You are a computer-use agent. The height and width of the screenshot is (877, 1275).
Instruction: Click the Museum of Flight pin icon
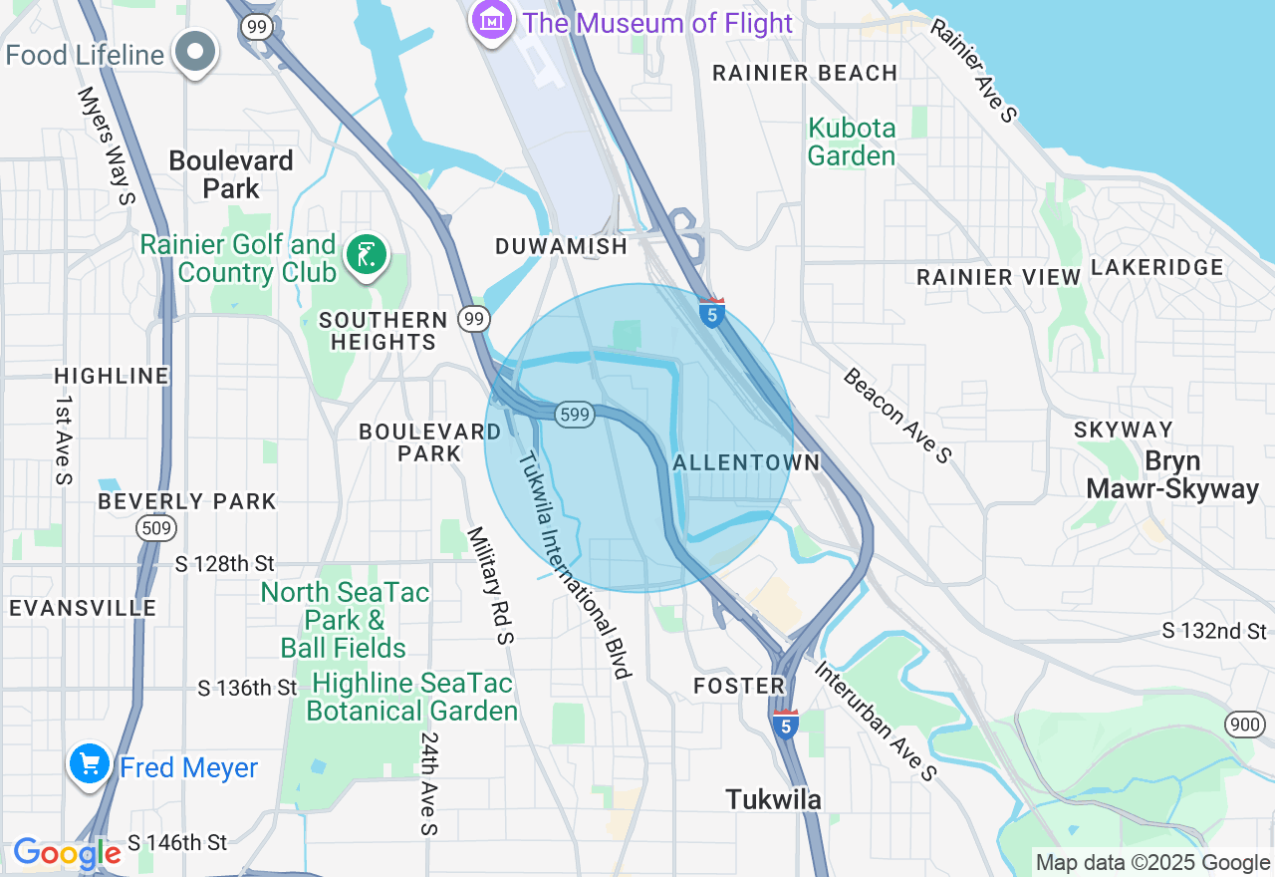492,20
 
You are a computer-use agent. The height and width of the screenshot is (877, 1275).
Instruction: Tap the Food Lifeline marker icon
195,53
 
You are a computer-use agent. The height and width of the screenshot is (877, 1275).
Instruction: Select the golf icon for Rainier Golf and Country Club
366,257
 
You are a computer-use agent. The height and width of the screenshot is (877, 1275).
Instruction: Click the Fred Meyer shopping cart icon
90,765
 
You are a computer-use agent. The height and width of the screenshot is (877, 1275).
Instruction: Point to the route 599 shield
576,415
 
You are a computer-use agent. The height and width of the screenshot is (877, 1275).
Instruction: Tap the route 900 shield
1244,725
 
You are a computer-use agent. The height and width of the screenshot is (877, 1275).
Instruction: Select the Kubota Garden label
852,143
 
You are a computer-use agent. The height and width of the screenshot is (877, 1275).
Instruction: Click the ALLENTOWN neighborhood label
746,462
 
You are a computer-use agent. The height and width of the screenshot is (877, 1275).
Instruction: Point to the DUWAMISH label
562,246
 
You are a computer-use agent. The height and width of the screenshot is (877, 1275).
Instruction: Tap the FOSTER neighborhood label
739,686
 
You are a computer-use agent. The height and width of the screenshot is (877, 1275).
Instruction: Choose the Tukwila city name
774,799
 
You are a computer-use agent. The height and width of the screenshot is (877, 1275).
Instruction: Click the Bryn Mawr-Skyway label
1172,475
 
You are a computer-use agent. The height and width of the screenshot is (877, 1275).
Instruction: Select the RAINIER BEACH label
805,73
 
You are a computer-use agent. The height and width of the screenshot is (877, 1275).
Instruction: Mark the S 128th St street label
224,564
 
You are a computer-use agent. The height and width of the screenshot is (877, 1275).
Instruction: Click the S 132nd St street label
1214,631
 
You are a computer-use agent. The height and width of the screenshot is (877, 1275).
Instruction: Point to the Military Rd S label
490,585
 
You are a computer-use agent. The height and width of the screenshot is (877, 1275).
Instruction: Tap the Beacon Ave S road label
896,415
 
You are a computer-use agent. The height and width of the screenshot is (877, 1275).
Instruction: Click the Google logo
67,854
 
